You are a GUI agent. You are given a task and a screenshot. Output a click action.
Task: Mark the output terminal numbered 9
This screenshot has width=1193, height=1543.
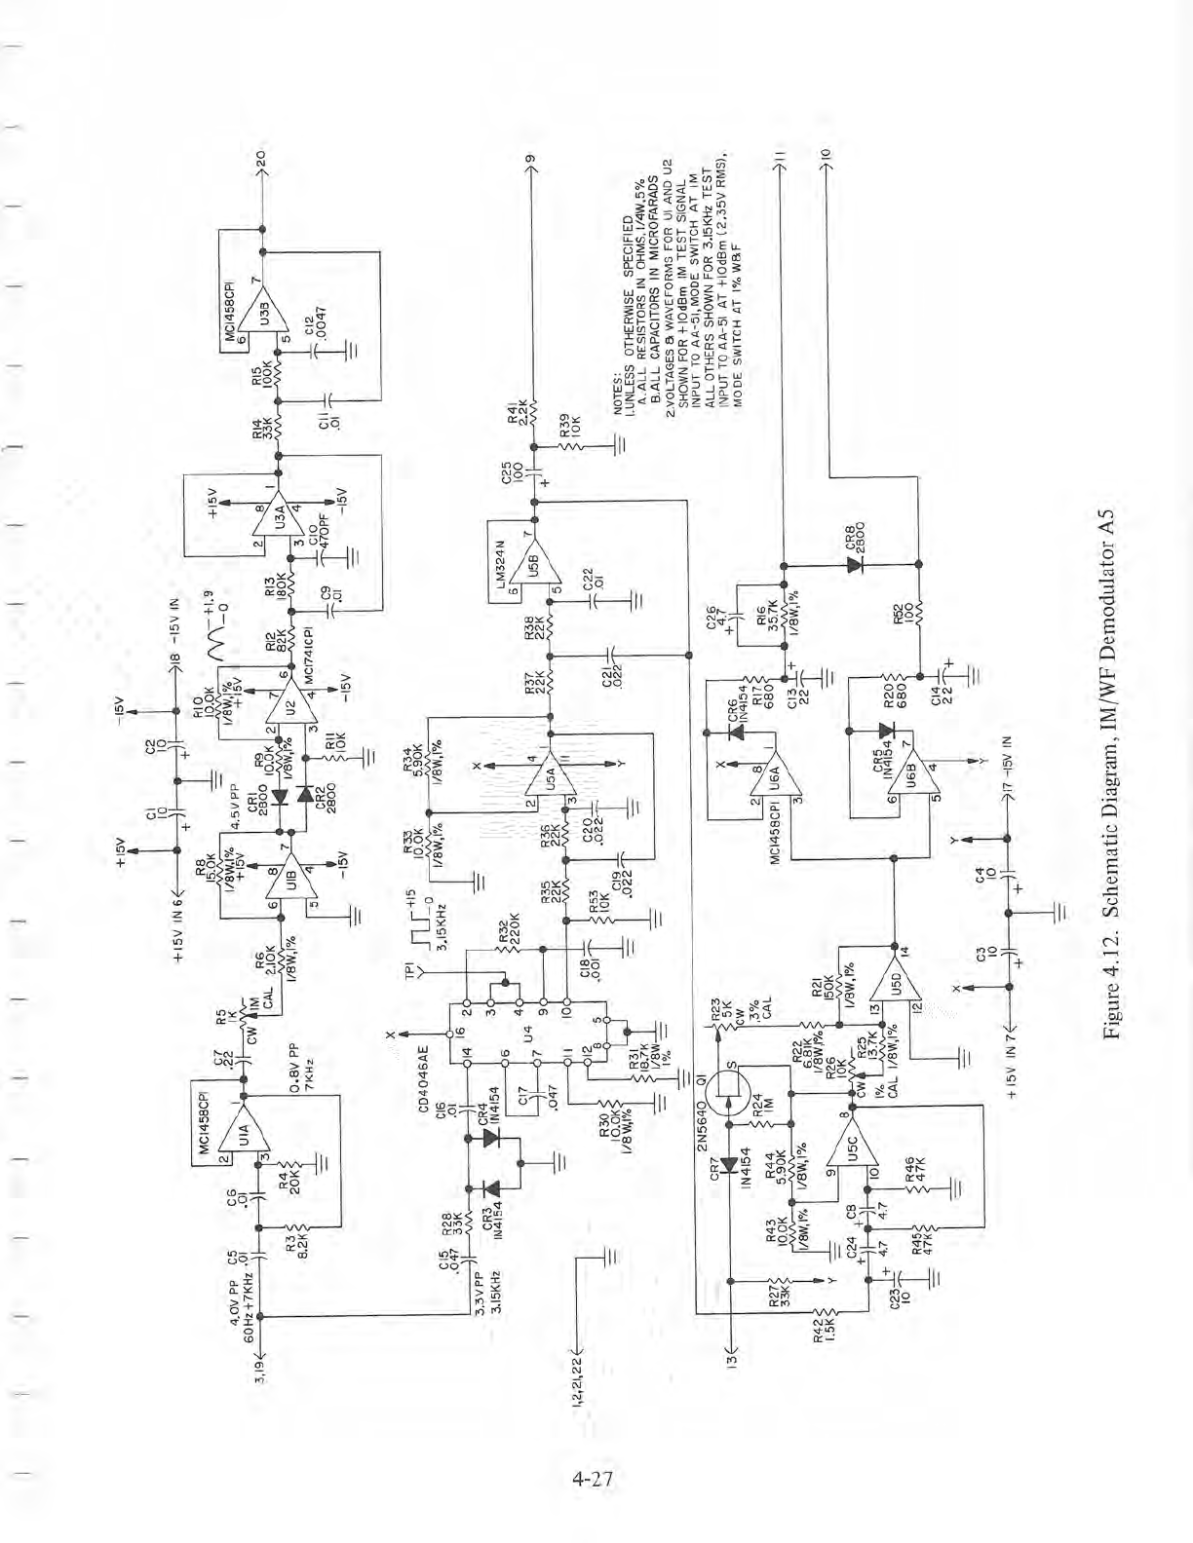531,160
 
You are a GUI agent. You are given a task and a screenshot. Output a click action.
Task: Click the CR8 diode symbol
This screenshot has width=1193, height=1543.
858,563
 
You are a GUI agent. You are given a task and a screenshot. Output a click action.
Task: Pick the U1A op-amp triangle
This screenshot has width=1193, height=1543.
242,1134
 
